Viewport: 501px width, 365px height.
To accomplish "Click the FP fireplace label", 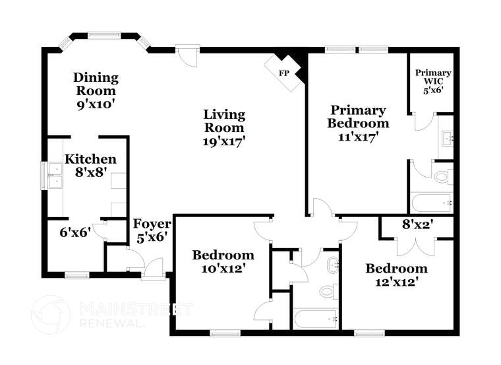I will click(x=284, y=73).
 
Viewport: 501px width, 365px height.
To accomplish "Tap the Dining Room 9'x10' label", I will click(x=96, y=90).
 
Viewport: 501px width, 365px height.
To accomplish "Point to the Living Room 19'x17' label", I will click(x=223, y=127).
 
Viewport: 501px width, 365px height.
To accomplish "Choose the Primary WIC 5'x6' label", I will click(x=433, y=81).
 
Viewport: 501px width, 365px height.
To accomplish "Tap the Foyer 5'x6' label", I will click(x=151, y=230).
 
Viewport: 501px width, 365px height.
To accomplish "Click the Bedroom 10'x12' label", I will click(x=223, y=262).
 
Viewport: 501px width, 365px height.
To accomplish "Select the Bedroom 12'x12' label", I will click(x=396, y=275).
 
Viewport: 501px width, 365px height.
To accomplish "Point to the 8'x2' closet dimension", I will click(x=417, y=224).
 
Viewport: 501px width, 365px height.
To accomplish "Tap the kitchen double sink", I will click(x=52, y=175).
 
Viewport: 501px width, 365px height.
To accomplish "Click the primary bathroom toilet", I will click(x=442, y=177).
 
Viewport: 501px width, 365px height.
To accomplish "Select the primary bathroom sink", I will click(x=446, y=139).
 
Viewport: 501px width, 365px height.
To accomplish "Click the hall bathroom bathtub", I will click(x=316, y=319).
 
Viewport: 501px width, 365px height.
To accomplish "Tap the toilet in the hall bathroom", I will click(x=328, y=291).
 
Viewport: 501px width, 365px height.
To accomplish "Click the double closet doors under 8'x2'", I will click(x=416, y=246).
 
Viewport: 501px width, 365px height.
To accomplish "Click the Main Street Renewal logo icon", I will click(x=50, y=314).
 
